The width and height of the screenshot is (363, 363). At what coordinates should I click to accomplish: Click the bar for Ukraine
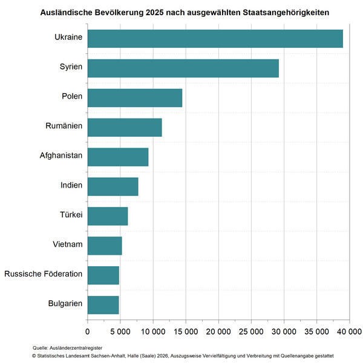(215, 39)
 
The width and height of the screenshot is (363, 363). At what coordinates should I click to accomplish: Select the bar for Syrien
(183, 68)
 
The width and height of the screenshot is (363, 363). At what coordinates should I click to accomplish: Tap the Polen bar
(134, 98)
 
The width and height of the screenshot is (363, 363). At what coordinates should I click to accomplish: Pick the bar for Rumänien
(125, 128)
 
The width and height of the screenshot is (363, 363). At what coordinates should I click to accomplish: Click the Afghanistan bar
(118, 157)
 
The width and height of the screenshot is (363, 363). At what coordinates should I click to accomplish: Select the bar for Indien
(113, 186)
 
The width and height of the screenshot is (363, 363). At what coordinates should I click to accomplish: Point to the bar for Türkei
(108, 216)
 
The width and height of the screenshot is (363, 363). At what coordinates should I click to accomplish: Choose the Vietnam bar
(105, 246)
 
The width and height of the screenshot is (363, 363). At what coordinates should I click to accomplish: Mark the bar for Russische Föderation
(103, 275)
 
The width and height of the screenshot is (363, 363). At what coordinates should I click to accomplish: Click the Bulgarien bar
(103, 305)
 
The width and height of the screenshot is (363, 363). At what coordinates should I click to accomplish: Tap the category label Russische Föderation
(43, 275)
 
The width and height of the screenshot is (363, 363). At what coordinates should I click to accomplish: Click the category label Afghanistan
(60, 156)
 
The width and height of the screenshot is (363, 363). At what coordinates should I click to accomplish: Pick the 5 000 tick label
(120, 332)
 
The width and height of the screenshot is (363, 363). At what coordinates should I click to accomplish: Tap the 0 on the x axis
(88, 332)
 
